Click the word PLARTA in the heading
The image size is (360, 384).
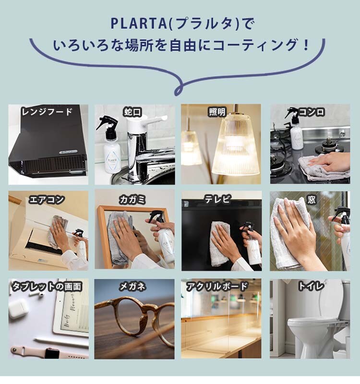coord(139,24)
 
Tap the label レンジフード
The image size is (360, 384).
coord(47,112)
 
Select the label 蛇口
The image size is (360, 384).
coord(133,112)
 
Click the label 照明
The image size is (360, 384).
coord(217,112)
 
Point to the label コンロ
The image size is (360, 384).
coord(312,112)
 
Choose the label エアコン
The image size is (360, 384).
coord(47,200)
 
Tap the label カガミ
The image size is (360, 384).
coord(132,200)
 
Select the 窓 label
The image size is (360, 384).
coord(312,200)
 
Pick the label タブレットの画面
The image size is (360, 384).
coord(47,287)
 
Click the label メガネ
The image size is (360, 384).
coord(132,286)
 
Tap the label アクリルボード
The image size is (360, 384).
coord(217,286)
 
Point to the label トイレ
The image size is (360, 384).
coord(311,286)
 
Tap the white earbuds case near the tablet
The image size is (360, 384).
coord(18,309)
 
